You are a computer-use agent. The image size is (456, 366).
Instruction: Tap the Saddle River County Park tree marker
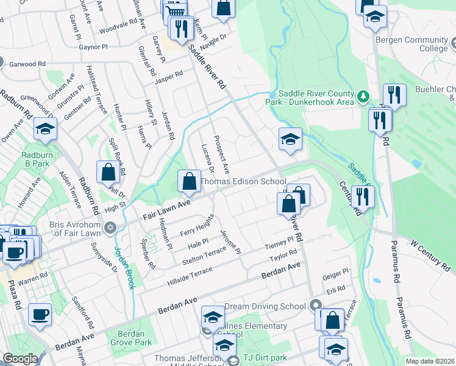(363, 96)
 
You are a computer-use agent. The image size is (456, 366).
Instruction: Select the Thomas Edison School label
(243, 182)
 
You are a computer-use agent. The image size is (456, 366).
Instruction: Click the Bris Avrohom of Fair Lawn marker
(110, 228)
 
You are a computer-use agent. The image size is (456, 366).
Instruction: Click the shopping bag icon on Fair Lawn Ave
(189, 181)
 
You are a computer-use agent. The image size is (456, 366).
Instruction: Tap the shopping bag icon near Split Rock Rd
(108, 173)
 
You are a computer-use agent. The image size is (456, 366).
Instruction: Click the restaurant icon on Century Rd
(362, 198)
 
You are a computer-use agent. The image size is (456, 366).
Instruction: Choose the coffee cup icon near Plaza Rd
(40, 314)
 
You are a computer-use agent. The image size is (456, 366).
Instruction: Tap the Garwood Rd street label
(28, 63)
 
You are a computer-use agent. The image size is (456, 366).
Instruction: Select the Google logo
(20, 359)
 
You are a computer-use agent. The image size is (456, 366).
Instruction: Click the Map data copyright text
(430, 361)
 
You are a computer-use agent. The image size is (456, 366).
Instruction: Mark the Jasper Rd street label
(169, 77)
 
